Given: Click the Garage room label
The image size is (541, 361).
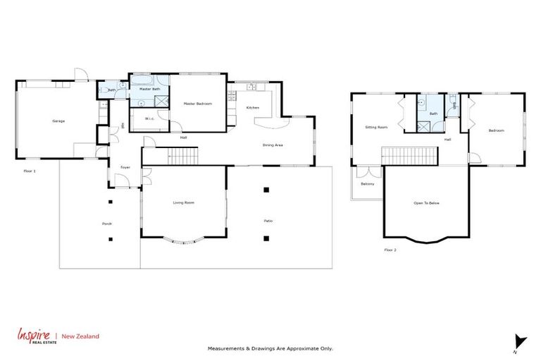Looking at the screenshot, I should point(58,121).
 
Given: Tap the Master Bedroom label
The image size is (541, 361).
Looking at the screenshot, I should point(197,104).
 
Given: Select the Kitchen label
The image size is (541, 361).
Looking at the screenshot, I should point(252,107).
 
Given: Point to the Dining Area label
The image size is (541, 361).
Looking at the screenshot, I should point(273,145).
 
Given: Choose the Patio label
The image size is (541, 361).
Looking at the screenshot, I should point(268,221).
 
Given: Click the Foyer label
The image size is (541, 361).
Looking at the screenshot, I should point(125,167).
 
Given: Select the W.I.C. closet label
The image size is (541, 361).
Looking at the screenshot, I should point(149,118).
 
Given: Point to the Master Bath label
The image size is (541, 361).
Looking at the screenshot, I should point(149,90).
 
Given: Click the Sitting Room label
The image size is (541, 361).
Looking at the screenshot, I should point(376,128).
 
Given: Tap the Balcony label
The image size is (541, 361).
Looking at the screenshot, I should point(367,184).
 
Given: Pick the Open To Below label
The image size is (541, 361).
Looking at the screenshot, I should point(426,203).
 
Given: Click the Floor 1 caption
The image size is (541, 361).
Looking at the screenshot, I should point(29,171).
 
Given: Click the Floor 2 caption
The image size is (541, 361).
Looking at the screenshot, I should point(390,250).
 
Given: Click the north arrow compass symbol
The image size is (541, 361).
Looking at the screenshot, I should point(519,340).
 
